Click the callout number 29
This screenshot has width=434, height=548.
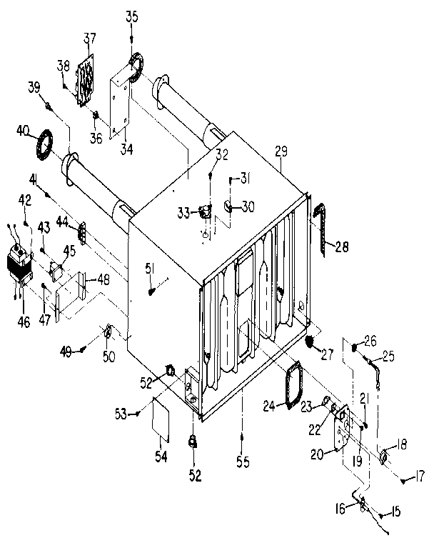[x=281, y=153]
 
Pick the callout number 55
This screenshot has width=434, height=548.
[x=243, y=463]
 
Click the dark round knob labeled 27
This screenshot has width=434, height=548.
[x=311, y=342]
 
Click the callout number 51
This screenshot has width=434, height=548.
[x=149, y=268]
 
